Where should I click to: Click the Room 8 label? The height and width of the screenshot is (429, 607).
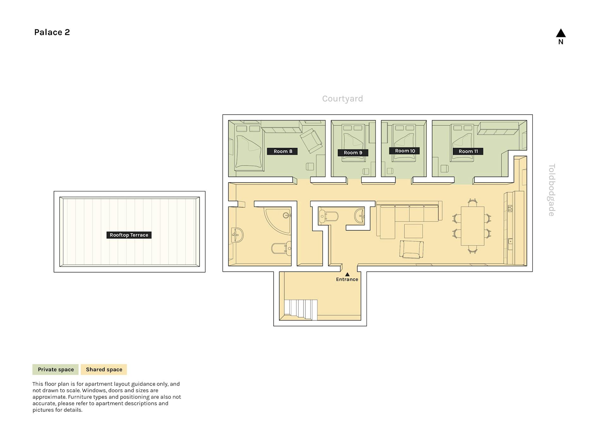(x=282, y=151)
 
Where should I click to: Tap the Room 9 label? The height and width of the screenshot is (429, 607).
(x=353, y=152)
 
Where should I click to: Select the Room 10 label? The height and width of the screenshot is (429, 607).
(x=405, y=151)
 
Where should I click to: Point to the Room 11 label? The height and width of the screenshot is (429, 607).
(x=468, y=151)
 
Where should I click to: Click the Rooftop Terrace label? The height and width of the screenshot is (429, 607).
(x=129, y=235)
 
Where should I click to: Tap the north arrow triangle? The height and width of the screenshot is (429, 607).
(x=561, y=33)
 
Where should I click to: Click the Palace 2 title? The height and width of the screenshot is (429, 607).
(x=52, y=32)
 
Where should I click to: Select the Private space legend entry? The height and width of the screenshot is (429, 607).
(x=56, y=369)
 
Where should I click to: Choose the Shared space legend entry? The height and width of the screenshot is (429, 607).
(x=104, y=369)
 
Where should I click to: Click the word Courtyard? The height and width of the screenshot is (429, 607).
(x=342, y=99)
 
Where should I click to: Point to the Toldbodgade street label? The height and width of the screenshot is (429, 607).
(x=552, y=190)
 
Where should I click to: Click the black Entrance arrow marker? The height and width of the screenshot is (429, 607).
(x=347, y=274)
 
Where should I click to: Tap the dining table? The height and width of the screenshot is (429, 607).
(x=472, y=226)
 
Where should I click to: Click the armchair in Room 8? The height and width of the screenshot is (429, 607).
(x=311, y=141)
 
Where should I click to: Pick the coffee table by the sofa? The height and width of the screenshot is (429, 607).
(x=413, y=231)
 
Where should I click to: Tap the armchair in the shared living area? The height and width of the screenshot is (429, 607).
(x=411, y=249)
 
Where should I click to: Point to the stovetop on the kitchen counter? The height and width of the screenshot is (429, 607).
(x=510, y=208)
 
